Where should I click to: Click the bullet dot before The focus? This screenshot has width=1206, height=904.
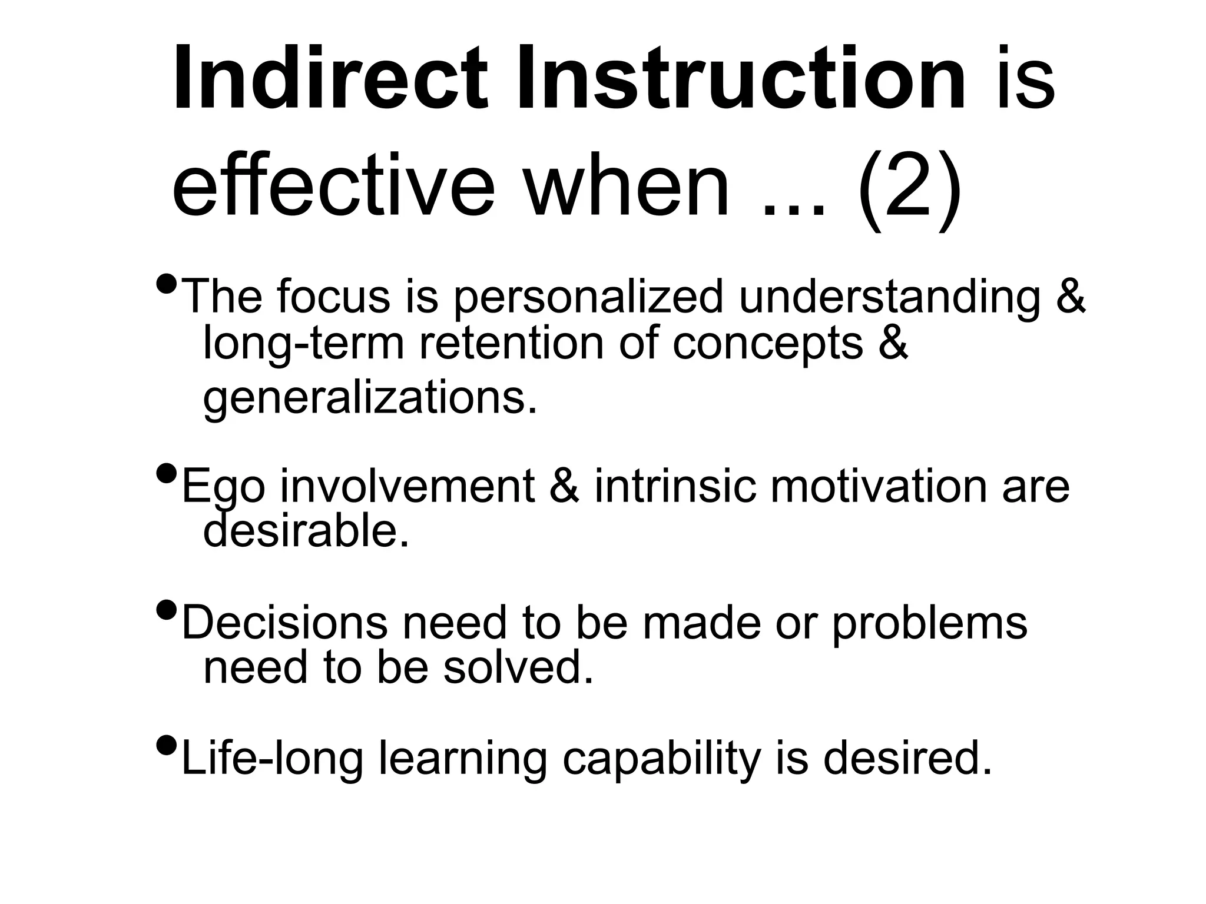[x=167, y=284]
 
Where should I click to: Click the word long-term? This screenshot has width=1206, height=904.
[x=303, y=344]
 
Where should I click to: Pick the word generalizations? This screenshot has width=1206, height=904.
[x=370, y=398]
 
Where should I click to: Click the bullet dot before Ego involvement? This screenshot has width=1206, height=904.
[x=167, y=473]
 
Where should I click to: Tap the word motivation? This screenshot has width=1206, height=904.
[x=878, y=487]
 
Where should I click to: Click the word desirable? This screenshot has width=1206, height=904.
[x=305, y=531]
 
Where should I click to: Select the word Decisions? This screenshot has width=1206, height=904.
[x=285, y=623]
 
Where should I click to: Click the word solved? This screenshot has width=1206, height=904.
[x=518, y=669]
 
